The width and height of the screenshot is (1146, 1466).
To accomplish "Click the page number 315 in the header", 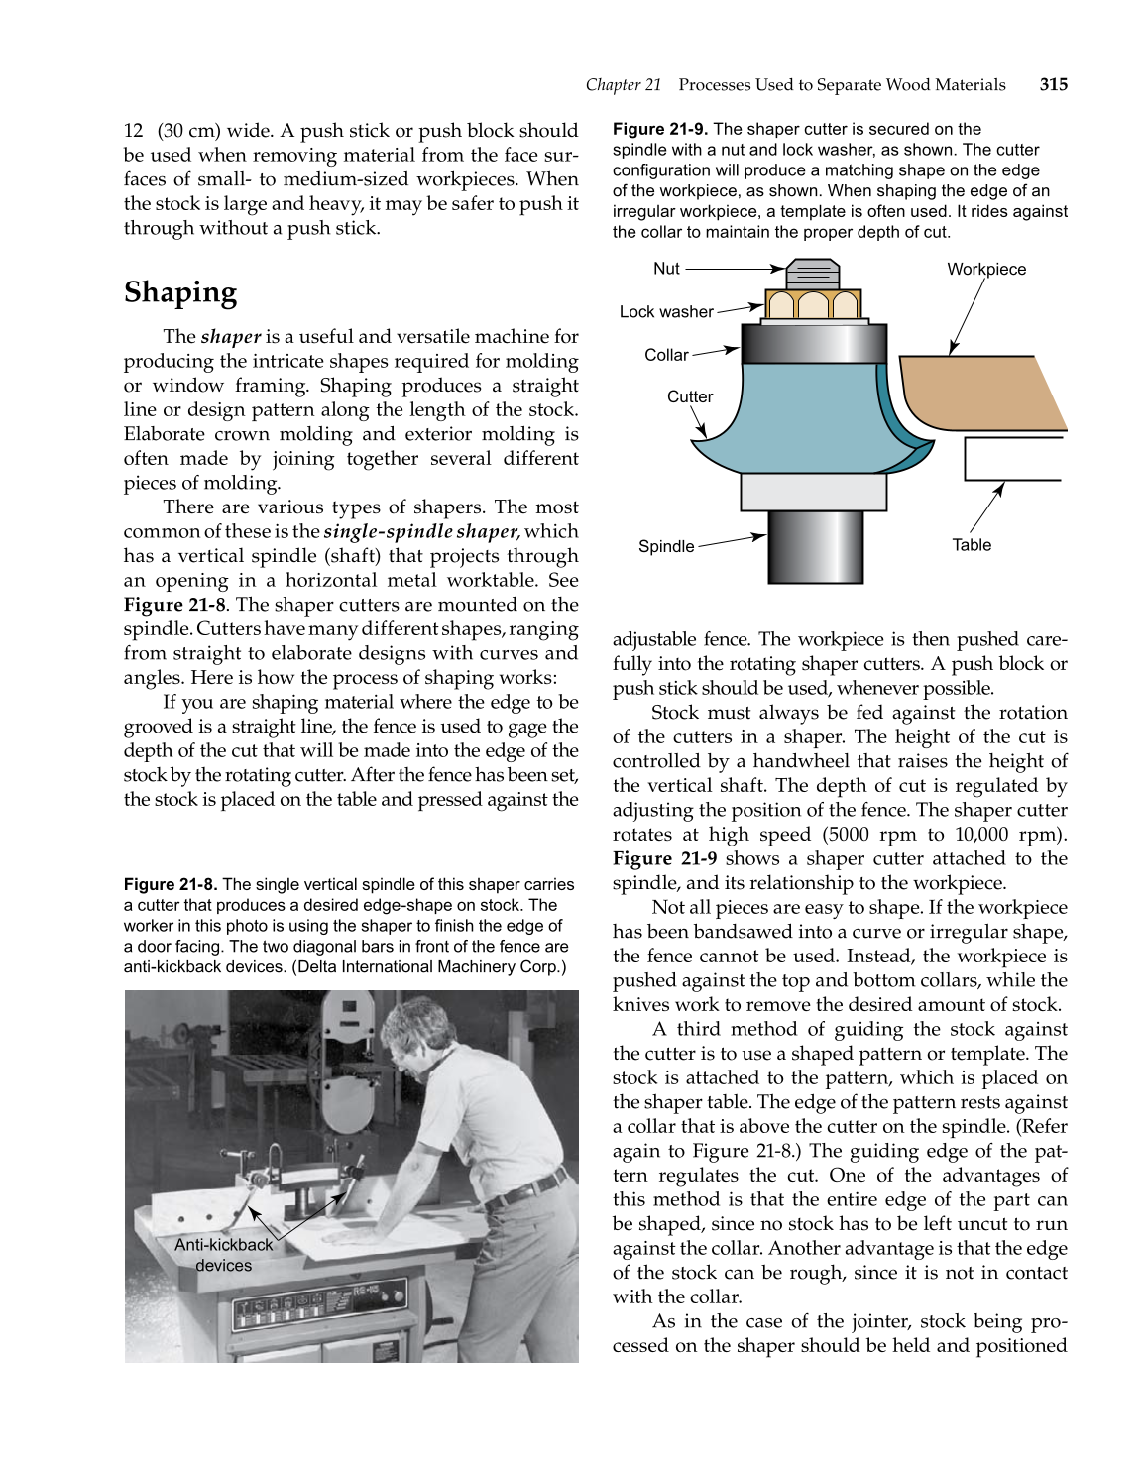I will pos(1053,85).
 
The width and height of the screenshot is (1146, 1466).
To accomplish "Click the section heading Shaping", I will pos(180,292).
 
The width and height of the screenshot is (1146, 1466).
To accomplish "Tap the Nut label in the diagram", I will pos(666,269).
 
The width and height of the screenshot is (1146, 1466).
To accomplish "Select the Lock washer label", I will pos(665,312).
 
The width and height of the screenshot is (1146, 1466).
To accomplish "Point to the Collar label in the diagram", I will pos(666,355).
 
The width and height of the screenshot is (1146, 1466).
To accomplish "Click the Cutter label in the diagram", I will pos(689,396).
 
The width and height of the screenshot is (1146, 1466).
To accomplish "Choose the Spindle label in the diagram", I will pos(666,546).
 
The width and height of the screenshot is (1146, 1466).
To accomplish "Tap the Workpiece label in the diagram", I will pos(985,270).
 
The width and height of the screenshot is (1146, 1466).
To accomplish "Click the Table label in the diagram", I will pos(972,545).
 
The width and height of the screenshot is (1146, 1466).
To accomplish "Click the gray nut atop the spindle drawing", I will pos(813,274).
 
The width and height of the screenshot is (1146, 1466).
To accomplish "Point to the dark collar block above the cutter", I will pos(813,344).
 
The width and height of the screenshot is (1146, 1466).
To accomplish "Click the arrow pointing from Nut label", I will pos(734,269).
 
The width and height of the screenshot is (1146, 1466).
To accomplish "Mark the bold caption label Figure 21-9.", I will pos(659,129).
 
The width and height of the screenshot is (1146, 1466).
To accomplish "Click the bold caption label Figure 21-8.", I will pos(171,884).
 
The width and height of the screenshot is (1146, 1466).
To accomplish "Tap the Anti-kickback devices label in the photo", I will pos(224,1255).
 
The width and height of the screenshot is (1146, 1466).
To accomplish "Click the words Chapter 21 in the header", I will pos(623,85).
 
